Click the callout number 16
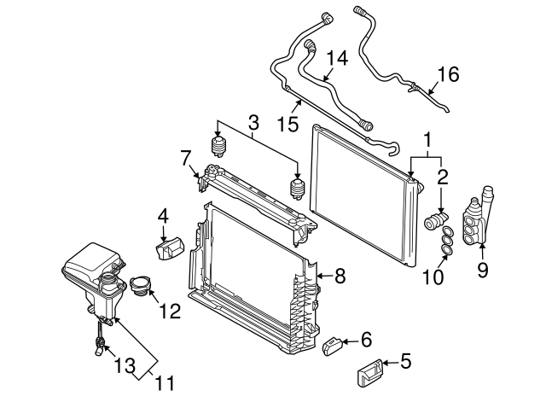tap(448, 74)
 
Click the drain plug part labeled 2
tap(437, 223)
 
